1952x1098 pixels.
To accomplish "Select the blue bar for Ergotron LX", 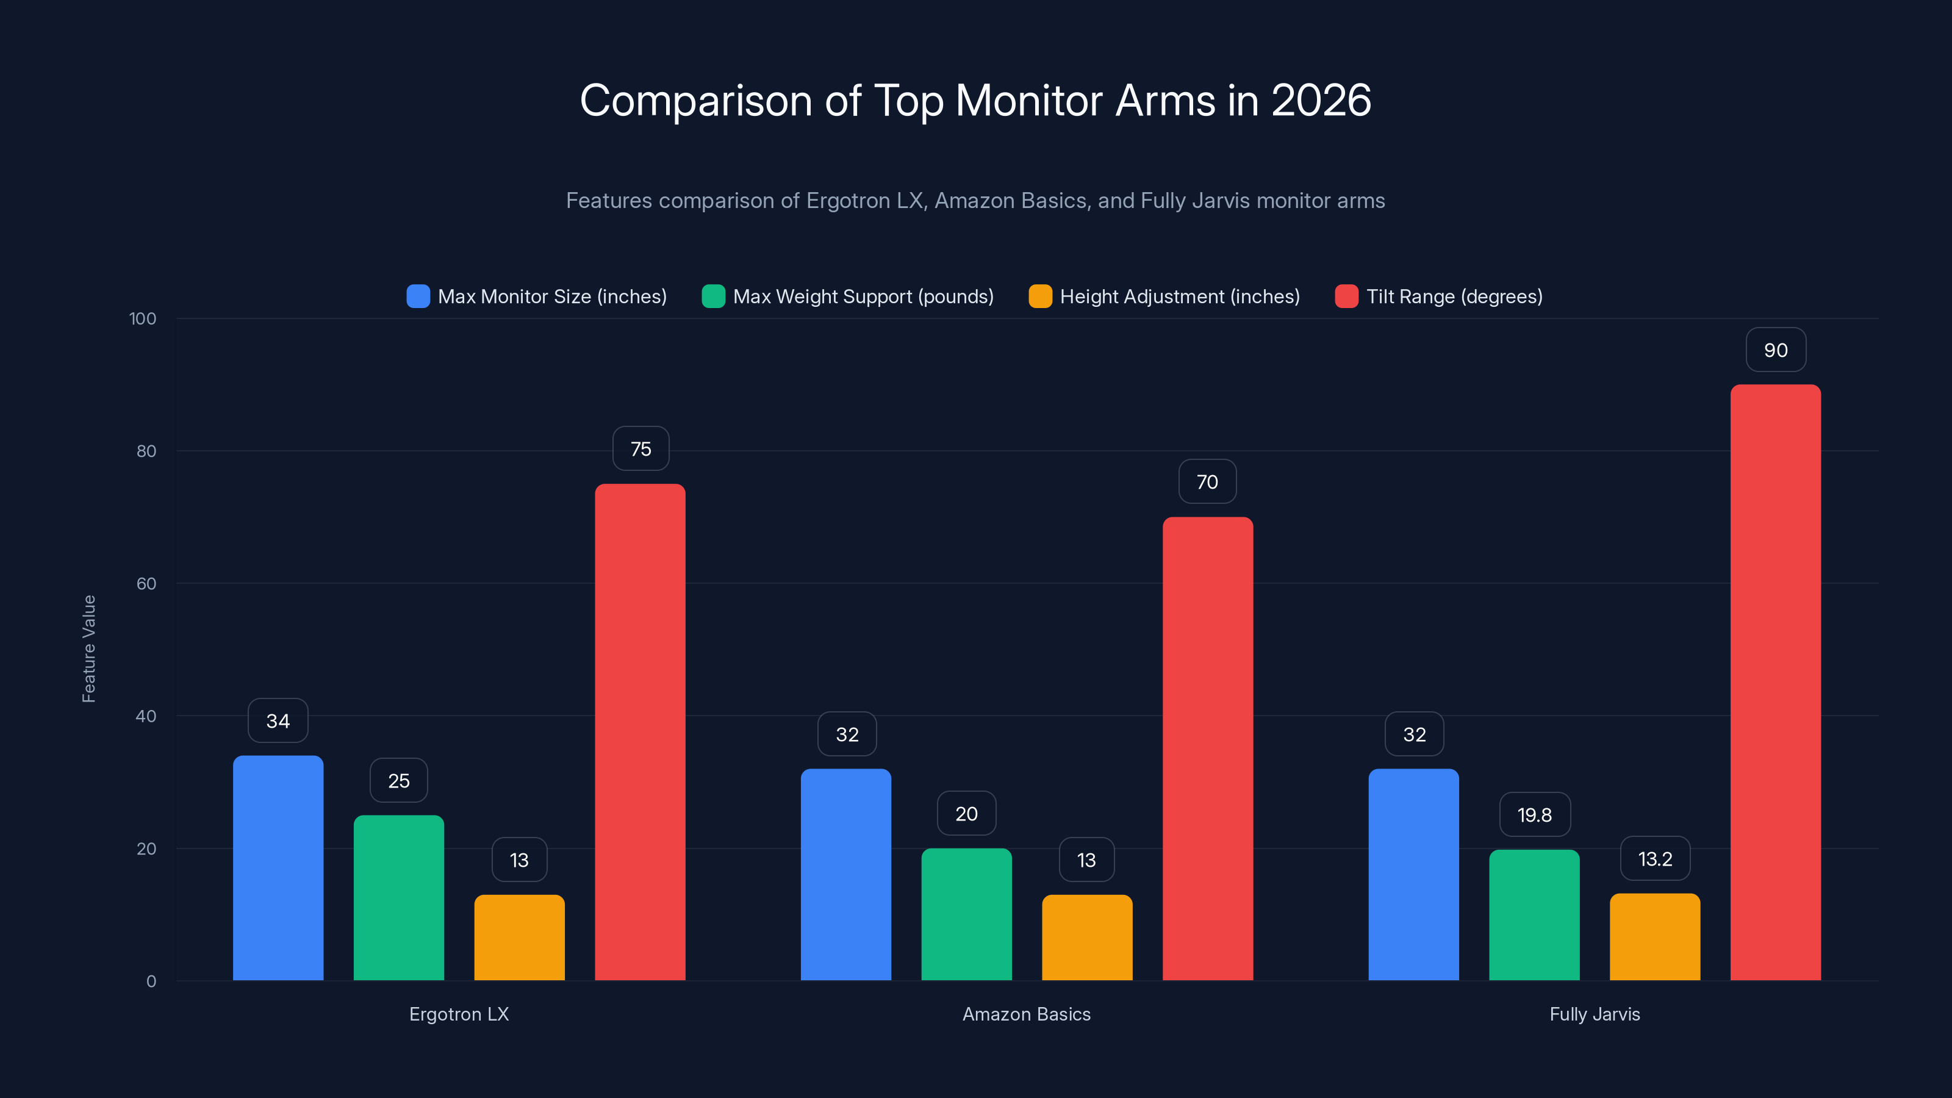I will pyautogui.click(x=278, y=867).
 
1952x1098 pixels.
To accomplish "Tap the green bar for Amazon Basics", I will pyautogui.click(x=966, y=914).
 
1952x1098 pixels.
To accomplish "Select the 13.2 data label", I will pyautogui.click(x=1654, y=858).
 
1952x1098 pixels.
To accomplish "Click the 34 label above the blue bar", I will pyautogui.click(x=278, y=720).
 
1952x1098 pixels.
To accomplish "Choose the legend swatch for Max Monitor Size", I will pyautogui.click(x=417, y=296).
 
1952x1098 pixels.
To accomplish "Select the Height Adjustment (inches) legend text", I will pyautogui.click(x=1179, y=296).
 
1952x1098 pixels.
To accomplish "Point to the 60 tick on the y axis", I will pyautogui.click(x=146, y=584).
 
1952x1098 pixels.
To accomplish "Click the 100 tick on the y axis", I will pyautogui.click(x=143, y=318).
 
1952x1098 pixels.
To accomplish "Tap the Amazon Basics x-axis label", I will pyautogui.click(x=1026, y=1014).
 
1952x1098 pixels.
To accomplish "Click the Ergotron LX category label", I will pyautogui.click(x=459, y=1014).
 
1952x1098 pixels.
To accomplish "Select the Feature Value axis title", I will pyautogui.click(x=88, y=648).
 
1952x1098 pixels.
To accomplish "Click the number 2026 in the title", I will pyautogui.click(x=1320, y=100).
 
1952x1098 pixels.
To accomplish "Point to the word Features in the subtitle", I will pyautogui.click(x=609, y=201).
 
